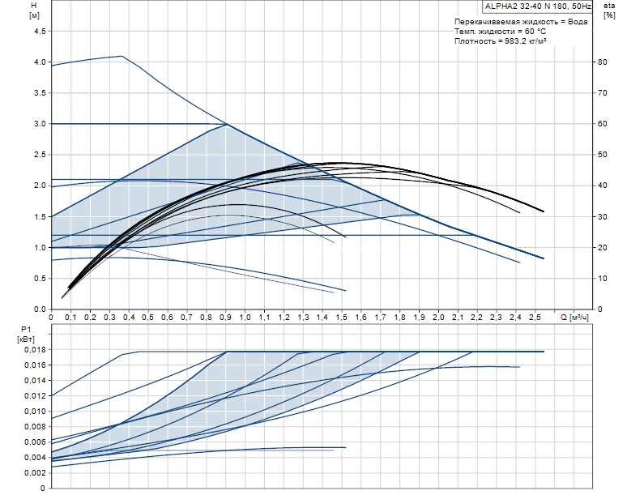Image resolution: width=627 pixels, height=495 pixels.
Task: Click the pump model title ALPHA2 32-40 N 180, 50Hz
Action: (536, 6)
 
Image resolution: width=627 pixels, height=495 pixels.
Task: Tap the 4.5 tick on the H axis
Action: (38, 32)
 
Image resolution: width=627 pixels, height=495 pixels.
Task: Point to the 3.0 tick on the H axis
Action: (38, 124)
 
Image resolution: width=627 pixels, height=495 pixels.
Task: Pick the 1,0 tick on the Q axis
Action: (245, 317)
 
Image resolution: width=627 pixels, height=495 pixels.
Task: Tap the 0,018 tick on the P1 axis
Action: (34, 350)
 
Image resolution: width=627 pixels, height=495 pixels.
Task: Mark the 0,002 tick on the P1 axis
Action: (34, 473)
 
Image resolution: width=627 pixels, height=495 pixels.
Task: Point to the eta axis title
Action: (610, 6)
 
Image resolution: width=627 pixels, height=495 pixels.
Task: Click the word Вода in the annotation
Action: (578, 21)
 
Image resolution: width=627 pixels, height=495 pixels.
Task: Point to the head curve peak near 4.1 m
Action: (122, 56)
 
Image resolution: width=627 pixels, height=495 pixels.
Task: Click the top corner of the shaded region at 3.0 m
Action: (226, 124)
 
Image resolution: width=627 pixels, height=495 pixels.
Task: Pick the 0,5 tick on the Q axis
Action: (148, 317)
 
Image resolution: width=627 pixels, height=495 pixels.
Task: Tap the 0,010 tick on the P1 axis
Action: (34, 412)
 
